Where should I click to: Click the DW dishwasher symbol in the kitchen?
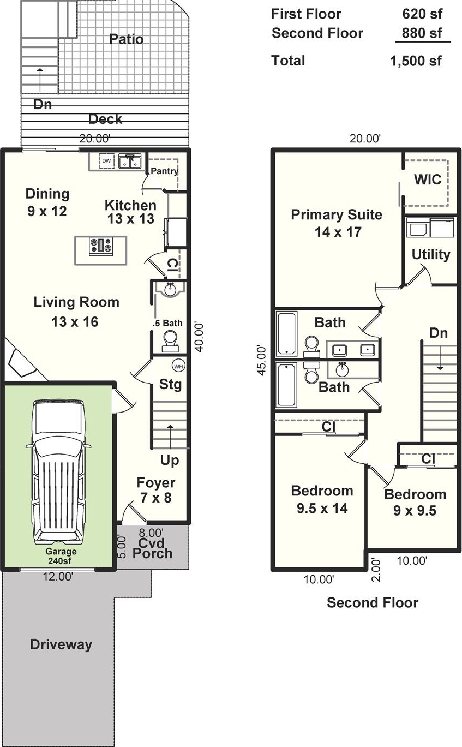pos(106,161)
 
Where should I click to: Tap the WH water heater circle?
pos(178,367)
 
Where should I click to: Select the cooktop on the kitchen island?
pos(101,247)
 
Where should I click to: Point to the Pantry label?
pos(164,171)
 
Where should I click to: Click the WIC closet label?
pos(427,180)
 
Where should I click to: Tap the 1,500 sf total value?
pos(416,61)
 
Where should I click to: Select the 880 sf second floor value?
pos(422,33)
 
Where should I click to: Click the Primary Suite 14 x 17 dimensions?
pos(338,232)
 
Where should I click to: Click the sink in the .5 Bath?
pos(171,289)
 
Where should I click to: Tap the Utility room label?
pos(431,254)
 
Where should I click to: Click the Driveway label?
pos(61,644)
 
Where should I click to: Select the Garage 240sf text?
pos(61,556)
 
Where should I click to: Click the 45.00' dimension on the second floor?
pos(262,361)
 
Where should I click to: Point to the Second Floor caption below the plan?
pos(373,602)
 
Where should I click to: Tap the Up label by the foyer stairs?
pos(169,461)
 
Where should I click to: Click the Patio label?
pos(127,39)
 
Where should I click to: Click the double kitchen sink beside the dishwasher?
pos(130,161)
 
